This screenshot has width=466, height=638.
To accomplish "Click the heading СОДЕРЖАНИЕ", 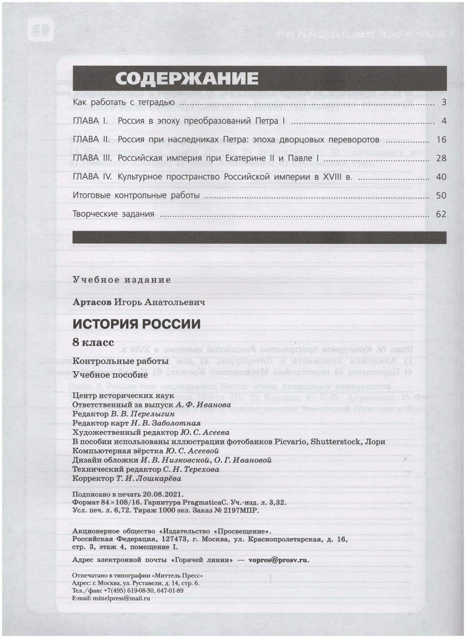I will pyautogui.click(x=187, y=78).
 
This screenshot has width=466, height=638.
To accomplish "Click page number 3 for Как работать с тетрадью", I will pyautogui.click(x=444, y=103).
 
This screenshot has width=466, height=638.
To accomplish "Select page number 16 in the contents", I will pyautogui.click(x=441, y=140).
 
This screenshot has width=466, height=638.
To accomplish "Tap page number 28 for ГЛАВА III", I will pyautogui.click(x=441, y=159).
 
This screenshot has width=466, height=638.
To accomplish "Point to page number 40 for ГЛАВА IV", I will pyautogui.click(x=441, y=177).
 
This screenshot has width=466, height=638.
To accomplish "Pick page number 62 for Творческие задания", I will pyautogui.click(x=441, y=214).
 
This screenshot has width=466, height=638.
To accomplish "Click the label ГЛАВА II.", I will pyautogui.click(x=91, y=140).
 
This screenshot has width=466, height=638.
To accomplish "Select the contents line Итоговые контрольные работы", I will pyautogui.click(x=136, y=195).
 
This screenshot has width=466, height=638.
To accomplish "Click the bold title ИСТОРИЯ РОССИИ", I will pyautogui.click(x=137, y=324).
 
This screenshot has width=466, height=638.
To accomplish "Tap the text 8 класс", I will pyautogui.click(x=93, y=343).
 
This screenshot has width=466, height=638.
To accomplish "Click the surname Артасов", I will pyautogui.click(x=92, y=302).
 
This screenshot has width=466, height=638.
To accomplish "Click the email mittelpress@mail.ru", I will pyautogui.click(x=121, y=598).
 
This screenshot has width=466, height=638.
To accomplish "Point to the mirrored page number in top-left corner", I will pyautogui.click(x=41, y=30).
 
